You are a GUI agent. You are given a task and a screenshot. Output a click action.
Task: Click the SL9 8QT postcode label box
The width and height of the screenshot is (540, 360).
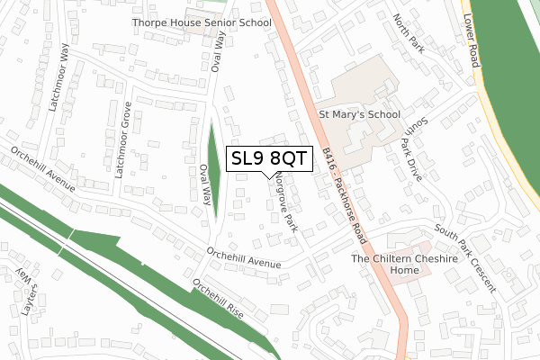coord(270,159)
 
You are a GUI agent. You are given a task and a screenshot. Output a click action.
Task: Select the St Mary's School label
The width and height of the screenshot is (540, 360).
coord(359,115)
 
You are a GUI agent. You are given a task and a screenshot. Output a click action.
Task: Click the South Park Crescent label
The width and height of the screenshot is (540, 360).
coord(464,257)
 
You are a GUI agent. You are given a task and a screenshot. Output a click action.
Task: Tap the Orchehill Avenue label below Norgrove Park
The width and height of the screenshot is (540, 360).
coord(244,258)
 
